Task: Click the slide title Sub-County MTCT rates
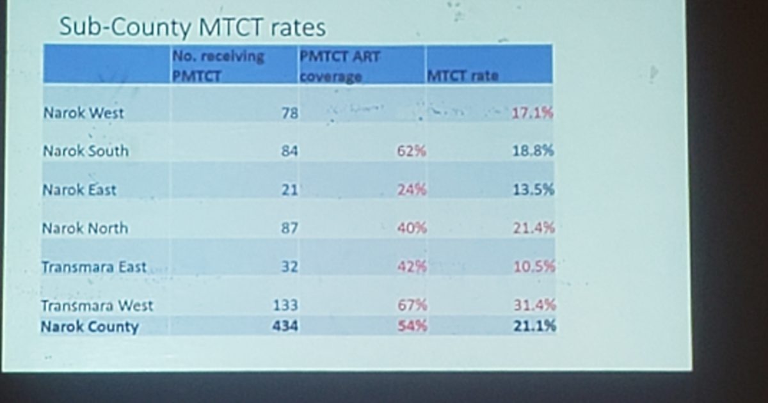192,28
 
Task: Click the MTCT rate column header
463,75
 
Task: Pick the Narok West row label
84,113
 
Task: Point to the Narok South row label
86,152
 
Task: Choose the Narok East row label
79,190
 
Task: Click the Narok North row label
85,228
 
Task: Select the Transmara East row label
94,267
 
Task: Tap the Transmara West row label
97,305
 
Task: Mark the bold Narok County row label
90,326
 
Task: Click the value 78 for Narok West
290,113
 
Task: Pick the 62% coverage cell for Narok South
412,152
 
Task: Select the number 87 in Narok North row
290,228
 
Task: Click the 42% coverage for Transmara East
412,267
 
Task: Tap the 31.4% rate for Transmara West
534,305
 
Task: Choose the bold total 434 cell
285,326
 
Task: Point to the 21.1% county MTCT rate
534,326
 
